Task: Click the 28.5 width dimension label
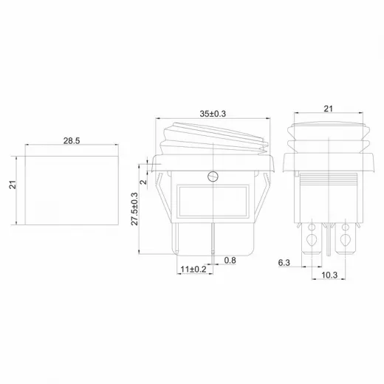click(x=72, y=140)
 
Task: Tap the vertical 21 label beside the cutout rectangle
click(x=13, y=185)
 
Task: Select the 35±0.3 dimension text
click(x=213, y=114)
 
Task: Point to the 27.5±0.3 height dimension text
click(x=134, y=209)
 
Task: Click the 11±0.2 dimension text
click(x=193, y=270)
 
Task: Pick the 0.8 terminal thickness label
click(x=230, y=260)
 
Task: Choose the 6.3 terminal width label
click(x=284, y=263)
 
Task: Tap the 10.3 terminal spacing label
click(x=329, y=275)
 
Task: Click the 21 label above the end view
click(x=328, y=109)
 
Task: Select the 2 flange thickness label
click(x=143, y=182)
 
